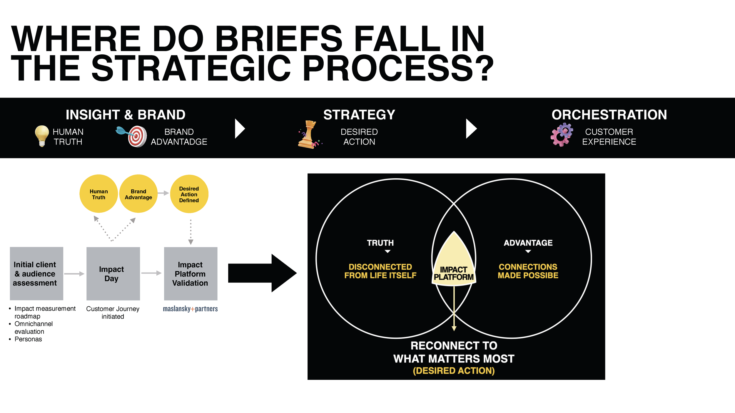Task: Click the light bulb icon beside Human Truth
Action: [x=42, y=135]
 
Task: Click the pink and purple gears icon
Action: [x=562, y=135]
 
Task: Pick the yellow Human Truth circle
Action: [x=98, y=194]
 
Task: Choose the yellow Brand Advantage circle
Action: [x=138, y=194]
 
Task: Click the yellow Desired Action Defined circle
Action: [x=189, y=194]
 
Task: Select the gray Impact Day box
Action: [x=113, y=273]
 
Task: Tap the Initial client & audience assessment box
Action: [x=36, y=273]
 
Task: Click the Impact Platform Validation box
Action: [x=191, y=273]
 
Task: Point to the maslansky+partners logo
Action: [x=190, y=309]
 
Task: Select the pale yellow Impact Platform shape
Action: [x=454, y=264]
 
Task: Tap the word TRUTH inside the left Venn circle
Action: [x=380, y=243]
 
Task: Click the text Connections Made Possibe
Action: [x=528, y=271]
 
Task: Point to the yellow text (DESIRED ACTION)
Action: [x=454, y=371]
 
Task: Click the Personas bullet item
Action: [x=28, y=339]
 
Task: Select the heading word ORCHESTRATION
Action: [x=609, y=115]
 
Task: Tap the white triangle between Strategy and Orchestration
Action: [x=471, y=129]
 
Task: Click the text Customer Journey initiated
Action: [x=113, y=313]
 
